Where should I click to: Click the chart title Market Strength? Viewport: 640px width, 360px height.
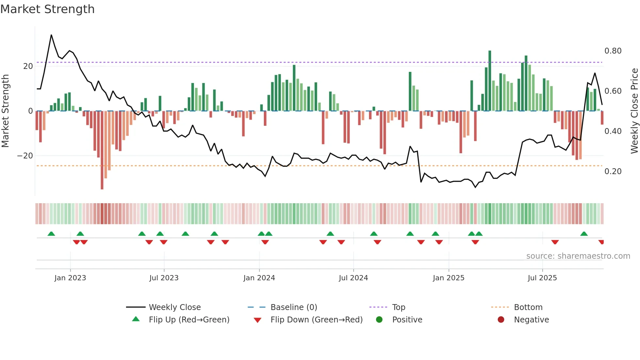47,9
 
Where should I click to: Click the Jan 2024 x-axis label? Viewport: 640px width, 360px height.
259,278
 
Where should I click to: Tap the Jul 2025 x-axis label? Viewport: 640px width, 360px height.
542,278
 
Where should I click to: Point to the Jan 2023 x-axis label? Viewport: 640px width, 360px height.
70,278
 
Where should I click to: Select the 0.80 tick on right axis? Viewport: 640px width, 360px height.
613,51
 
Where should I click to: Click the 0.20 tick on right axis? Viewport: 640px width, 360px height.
613,172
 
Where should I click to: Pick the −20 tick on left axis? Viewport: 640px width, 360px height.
25,156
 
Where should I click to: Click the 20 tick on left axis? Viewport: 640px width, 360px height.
28,66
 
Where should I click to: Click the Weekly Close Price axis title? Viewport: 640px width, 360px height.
634,111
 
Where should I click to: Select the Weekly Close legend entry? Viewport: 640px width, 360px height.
174,307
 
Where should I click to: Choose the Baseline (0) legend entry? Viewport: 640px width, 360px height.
294,307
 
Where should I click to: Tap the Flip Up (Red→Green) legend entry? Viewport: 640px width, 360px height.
189,320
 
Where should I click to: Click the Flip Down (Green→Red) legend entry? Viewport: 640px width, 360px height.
316,320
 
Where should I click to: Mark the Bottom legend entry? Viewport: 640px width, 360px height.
528,307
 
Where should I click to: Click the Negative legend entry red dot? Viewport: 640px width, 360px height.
501,320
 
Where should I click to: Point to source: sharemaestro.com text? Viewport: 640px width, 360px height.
578,256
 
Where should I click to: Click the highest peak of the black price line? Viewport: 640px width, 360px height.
51,35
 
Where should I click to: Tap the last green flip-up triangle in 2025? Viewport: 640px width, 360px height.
584,234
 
